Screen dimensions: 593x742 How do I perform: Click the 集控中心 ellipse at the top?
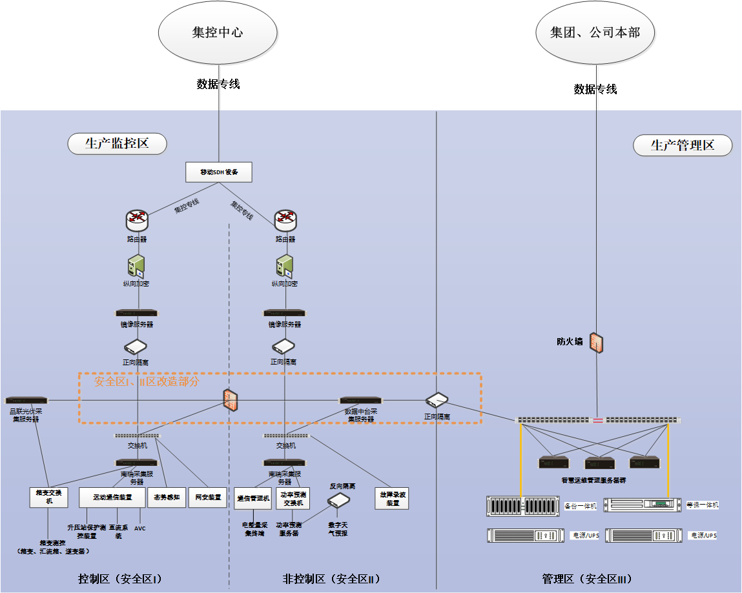coord(218,32)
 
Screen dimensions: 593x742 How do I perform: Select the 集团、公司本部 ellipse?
coord(595,32)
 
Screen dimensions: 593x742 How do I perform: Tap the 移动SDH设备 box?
coord(218,172)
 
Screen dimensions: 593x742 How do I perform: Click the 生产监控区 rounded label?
coord(117,144)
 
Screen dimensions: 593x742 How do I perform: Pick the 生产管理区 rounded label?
coord(683,145)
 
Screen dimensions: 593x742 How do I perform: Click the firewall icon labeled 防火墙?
coord(597,343)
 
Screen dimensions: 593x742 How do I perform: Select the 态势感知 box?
coord(166,497)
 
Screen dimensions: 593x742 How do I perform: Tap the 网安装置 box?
coord(207,497)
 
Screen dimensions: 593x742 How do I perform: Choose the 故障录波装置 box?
coord(392,498)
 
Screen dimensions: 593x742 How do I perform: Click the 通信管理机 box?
coord(252,498)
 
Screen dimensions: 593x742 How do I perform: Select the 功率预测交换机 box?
coord(293,498)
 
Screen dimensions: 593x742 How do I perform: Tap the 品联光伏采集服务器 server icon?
coord(26,401)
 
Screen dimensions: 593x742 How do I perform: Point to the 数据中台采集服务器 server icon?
coord(361,401)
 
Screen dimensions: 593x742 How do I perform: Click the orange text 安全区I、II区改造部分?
coord(147,381)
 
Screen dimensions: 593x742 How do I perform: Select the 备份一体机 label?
coord(578,505)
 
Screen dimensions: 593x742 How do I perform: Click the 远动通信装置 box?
coord(112,497)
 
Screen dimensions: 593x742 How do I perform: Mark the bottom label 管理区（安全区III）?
coord(586,578)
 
